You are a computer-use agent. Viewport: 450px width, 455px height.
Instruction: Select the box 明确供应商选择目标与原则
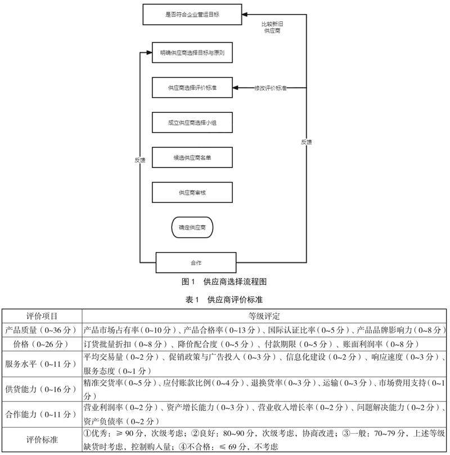tap(192, 53)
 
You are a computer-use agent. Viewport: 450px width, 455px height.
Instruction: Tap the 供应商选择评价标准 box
tap(192, 88)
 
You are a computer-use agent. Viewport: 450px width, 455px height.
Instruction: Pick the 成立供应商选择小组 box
tap(192, 123)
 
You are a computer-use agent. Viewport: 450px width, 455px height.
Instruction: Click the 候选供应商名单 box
tap(192, 158)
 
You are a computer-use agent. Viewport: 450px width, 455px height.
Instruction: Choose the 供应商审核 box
tap(192, 193)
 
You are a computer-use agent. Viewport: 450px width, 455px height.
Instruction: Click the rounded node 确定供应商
tap(192, 228)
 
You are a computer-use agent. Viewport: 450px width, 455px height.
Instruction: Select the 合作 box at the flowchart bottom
tap(196, 262)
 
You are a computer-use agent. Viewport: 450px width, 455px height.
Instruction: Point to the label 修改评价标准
tap(271, 88)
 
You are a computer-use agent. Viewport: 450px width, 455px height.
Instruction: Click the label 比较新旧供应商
tap(272, 28)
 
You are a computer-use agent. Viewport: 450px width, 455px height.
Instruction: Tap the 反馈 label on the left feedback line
tap(140, 160)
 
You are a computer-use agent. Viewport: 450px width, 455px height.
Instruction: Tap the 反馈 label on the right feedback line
tap(306, 142)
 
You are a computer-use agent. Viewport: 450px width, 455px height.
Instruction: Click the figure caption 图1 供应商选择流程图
tap(224, 280)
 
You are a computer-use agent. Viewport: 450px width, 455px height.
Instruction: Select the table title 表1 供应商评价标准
tap(224, 300)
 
